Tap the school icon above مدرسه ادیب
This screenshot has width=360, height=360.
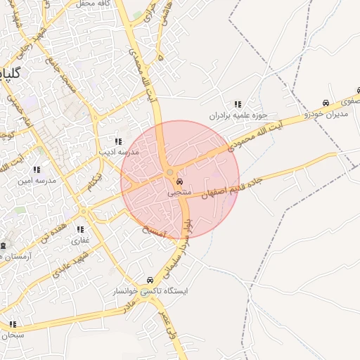coord(118,141)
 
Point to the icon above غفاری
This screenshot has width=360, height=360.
coord(80,229)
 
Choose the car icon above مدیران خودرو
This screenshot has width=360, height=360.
coord(325,103)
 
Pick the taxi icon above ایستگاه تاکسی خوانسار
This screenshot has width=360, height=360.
coord(149,280)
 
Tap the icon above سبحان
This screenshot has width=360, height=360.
coord(13,324)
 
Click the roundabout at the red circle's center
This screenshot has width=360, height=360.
coord(170,172)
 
